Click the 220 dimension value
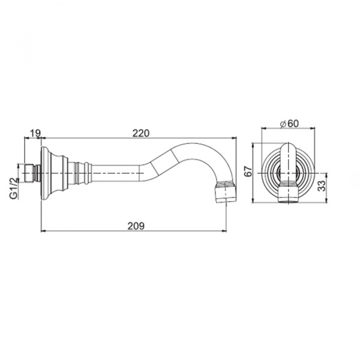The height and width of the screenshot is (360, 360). pos(141,133)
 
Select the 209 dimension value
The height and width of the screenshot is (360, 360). pos(136,226)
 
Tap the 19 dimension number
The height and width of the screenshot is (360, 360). pos(35,133)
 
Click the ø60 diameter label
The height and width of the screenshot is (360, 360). pos(290,124)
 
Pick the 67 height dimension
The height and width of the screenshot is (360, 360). pos(248,171)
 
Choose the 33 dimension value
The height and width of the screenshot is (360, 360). pos(322,186)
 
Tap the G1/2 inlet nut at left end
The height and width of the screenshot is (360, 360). pos(29,173)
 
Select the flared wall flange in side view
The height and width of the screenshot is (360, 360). pos(55,173)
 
